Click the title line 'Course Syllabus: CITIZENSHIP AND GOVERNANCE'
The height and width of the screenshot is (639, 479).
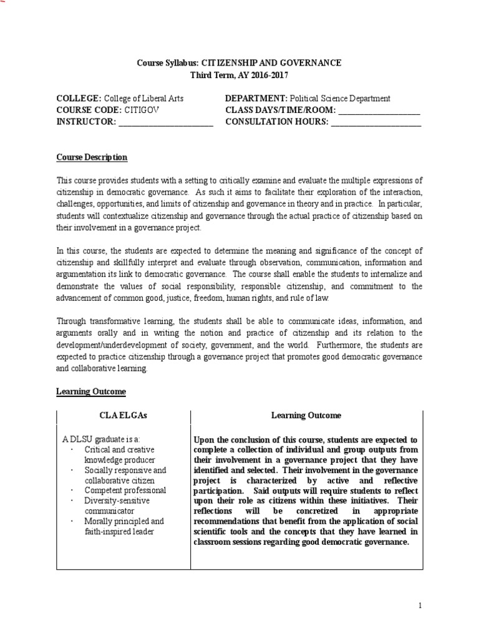239,63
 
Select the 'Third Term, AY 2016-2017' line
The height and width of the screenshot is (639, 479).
239,75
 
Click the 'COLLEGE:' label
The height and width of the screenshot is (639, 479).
79,99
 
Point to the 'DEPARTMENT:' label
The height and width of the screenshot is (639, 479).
255,99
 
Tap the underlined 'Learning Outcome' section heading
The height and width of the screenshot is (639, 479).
91,392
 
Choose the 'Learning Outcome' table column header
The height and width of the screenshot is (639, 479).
306,415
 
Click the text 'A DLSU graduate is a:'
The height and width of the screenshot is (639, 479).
100,439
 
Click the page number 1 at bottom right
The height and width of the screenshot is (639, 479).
420,605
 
